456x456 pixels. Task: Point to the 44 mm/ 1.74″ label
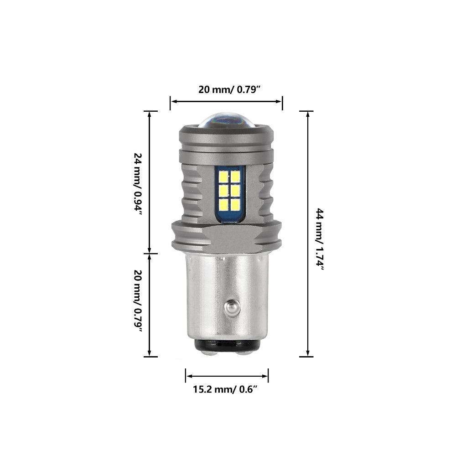[x=320, y=240]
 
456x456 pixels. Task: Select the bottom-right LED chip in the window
[x=235, y=204]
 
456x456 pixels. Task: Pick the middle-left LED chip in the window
[x=223, y=190]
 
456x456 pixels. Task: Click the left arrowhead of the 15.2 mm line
[x=188, y=376]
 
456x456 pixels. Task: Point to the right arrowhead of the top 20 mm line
[x=280, y=103]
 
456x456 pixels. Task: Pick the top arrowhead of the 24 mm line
[x=150, y=114]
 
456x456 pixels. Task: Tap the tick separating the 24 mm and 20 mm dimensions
[x=150, y=254]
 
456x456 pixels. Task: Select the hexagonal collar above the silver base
[x=227, y=237]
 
